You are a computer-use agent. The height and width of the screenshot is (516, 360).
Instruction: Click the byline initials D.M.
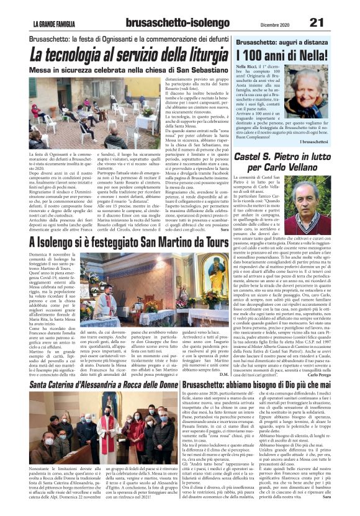(223, 373)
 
